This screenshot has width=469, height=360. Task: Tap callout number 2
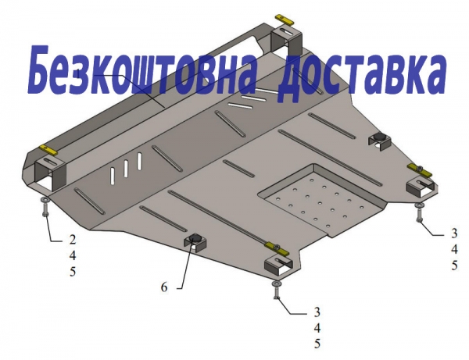click(x=73, y=240)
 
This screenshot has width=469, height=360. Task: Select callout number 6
click(x=164, y=287)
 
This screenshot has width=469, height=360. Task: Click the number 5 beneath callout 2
click(x=73, y=272)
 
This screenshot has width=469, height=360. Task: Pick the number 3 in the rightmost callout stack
click(x=454, y=233)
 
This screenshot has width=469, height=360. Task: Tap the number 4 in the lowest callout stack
click(x=317, y=328)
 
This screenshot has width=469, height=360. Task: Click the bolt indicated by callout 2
click(x=45, y=209)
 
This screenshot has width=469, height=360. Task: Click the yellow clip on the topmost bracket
click(x=285, y=20)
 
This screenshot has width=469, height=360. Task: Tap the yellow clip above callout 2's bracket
click(x=48, y=150)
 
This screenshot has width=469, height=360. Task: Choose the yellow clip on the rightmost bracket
click(x=421, y=170)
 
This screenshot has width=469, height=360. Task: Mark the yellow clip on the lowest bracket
click(x=276, y=249)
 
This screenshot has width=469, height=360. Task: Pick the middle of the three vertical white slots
click(x=126, y=168)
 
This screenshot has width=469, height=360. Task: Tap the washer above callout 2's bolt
click(x=45, y=199)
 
